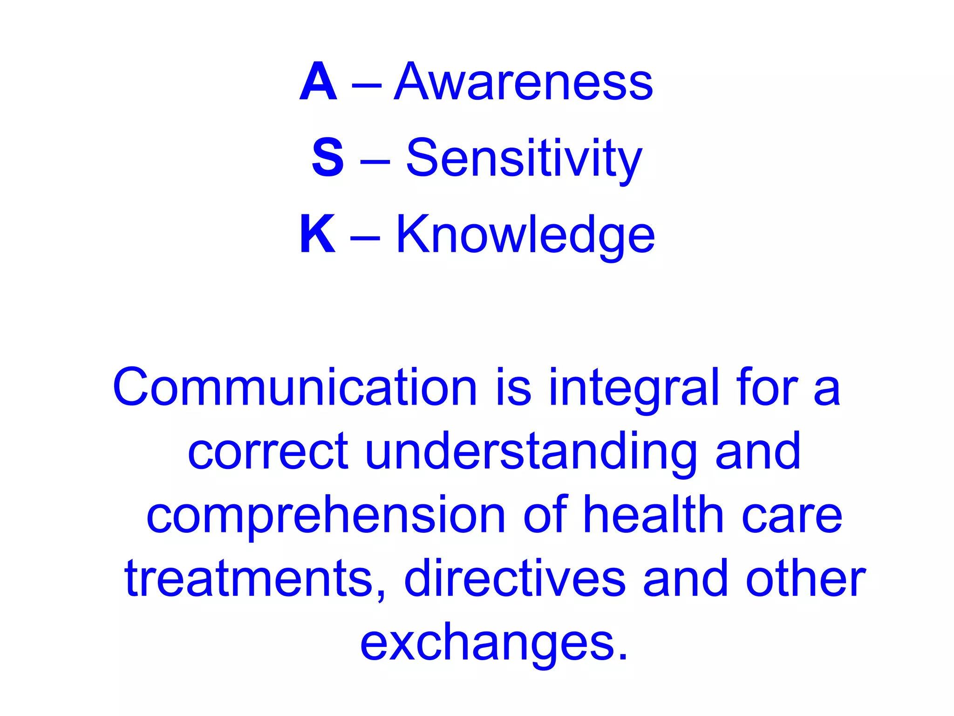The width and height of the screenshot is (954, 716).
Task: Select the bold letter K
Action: [x=318, y=234]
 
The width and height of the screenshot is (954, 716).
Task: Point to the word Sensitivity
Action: [x=524, y=158]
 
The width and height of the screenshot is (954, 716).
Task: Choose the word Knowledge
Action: [x=525, y=235]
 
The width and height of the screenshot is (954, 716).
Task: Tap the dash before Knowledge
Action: [x=365, y=237]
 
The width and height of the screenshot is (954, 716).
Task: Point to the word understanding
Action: [x=531, y=452]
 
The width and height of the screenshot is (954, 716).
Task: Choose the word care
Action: [x=792, y=516]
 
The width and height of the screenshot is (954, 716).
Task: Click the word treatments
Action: [x=254, y=579]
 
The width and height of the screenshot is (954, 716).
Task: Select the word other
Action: [x=805, y=578]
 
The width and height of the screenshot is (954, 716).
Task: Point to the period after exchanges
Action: [x=623, y=656]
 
